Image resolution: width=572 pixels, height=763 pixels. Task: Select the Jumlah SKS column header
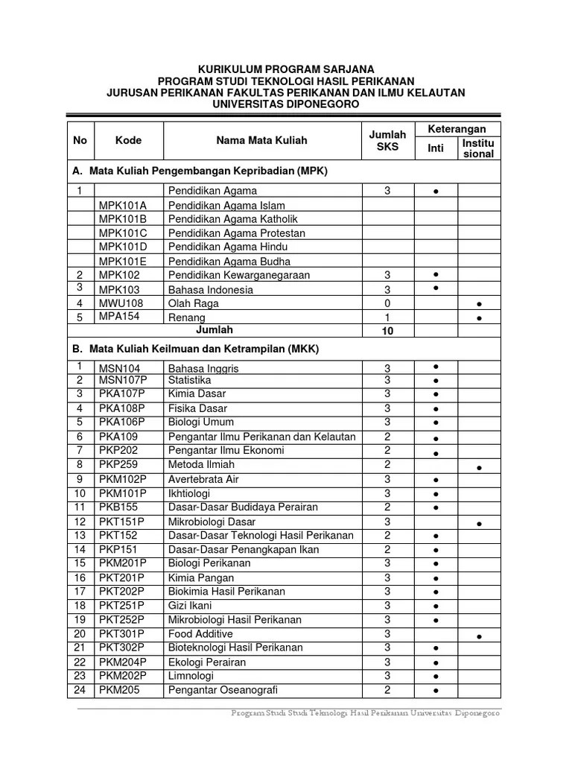(x=387, y=140)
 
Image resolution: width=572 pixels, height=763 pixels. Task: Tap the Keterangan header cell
(x=457, y=129)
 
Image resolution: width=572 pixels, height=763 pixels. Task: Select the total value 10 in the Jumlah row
(x=387, y=331)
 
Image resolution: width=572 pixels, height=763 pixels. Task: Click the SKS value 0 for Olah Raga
(x=387, y=303)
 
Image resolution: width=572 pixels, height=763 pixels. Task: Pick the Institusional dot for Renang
(x=479, y=318)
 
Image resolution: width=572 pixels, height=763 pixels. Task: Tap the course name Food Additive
(x=200, y=634)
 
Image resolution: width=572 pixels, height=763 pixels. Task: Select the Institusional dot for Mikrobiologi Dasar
(x=479, y=525)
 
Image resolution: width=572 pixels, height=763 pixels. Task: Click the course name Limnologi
(x=191, y=676)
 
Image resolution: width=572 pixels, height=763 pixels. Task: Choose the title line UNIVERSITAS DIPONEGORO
(x=285, y=104)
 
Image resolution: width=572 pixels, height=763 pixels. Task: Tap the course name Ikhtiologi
(x=189, y=493)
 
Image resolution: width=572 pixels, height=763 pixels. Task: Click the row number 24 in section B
(x=80, y=691)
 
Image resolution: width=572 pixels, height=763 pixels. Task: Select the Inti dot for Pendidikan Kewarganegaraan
(x=435, y=274)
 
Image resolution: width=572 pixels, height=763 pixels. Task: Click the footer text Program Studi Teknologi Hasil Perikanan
(x=365, y=713)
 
